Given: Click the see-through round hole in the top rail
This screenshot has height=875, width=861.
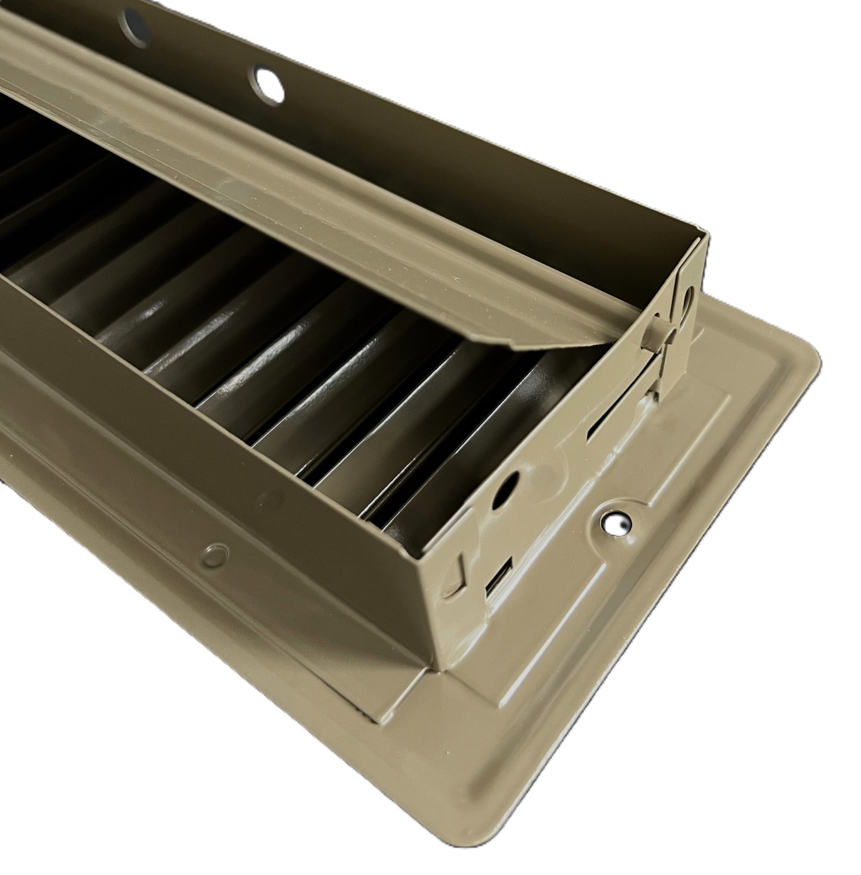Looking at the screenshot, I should pyautogui.click(x=269, y=83).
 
